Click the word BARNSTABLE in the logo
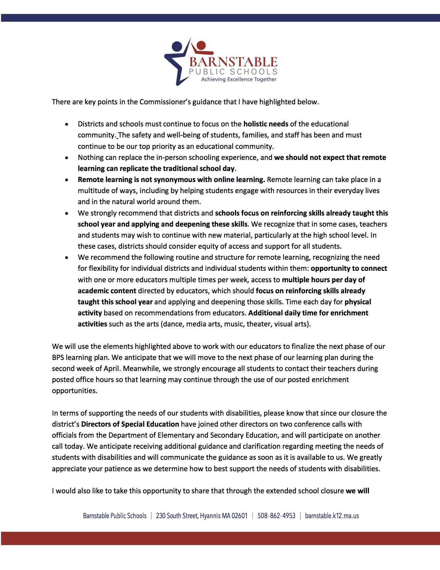tap(233, 62)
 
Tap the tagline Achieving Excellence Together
tap(239, 79)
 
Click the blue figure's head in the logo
tap(177, 46)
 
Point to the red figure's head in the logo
tap(201, 45)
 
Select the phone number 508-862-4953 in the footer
tap(276, 516)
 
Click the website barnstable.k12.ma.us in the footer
tap(332, 516)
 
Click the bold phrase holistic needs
tap(266, 124)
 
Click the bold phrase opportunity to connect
tap(349, 268)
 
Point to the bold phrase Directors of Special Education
tap(130, 424)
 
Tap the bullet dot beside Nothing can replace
tap(67, 158)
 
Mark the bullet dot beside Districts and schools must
tap(67, 124)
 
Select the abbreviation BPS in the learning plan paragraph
tap(58, 358)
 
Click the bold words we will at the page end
tap(358, 491)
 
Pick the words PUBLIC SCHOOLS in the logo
tap(233, 72)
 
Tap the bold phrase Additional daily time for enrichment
tap(308, 313)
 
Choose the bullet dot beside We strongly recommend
tap(67, 213)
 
